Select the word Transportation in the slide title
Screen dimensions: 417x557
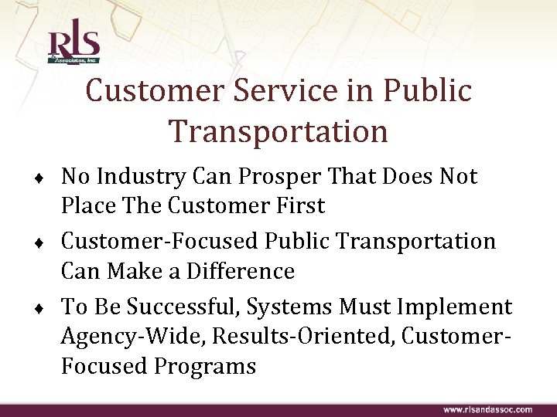tap(278, 131)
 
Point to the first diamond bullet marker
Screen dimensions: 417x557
tap(50, 179)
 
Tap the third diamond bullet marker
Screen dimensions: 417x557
tap(50, 309)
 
